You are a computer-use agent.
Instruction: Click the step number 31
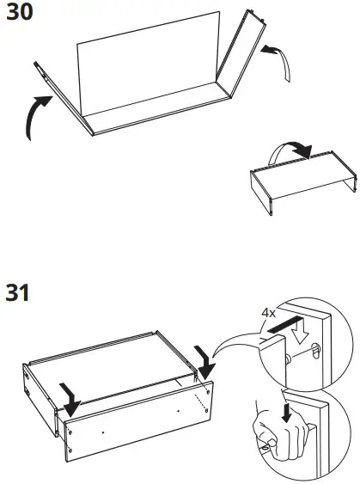(17, 293)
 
